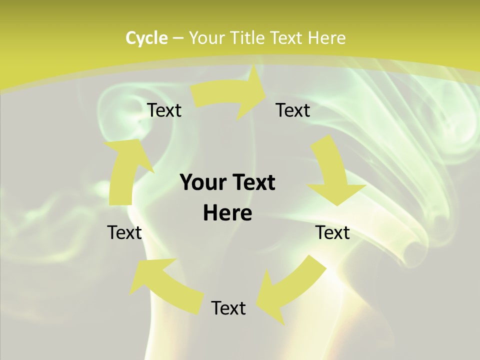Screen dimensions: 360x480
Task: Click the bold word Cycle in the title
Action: tap(146, 38)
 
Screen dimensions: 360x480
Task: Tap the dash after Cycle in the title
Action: tap(178, 38)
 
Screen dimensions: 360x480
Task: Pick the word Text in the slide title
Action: tap(286, 38)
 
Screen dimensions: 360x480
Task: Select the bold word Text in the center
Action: tap(252, 182)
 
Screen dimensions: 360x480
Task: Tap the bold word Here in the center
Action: tap(227, 213)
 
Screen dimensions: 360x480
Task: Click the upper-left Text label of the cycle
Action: tap(164, 110)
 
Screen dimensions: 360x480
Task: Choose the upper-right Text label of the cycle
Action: tap(293, 110)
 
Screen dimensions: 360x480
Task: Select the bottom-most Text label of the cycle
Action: tap(228, 308)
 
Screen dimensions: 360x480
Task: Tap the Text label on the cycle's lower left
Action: tap(124, 232)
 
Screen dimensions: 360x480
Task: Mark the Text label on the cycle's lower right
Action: tap(332, 232)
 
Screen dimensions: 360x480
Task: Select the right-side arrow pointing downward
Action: tap(332, 172)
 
